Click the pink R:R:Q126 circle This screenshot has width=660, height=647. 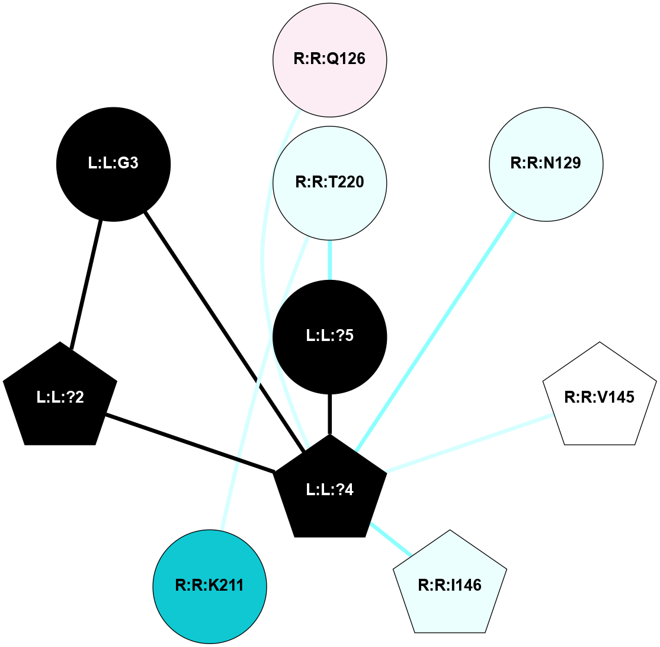click(329, 59)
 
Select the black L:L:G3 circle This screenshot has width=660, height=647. click(113, 164)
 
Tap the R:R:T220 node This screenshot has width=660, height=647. click(329, 182)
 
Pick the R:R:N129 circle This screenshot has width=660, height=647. click(546, 164)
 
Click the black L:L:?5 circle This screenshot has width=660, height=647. click(329, 336)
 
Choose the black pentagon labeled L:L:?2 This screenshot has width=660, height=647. click(60, 397)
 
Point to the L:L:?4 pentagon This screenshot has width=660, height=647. click(329, 489)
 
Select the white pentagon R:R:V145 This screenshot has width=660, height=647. click(600, 397)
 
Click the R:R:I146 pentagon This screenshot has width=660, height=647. click(450, 585)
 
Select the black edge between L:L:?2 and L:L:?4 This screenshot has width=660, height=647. click(190, 444)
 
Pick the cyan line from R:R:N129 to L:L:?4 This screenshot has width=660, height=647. click(434, 332)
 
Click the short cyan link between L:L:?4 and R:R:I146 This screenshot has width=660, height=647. click(390, 540)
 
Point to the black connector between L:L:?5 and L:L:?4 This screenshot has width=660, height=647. click(329, 414)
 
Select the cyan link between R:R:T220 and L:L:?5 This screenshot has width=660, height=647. click(329, 259)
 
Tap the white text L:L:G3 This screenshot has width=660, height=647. click(113, 164)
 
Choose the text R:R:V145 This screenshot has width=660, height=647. click(600, 397)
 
